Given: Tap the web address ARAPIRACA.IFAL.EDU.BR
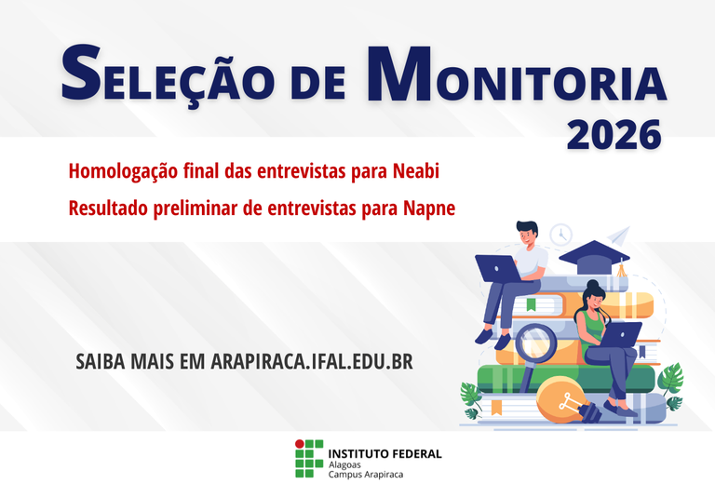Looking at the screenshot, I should [312, 360].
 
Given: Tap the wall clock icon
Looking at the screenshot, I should [560, 234].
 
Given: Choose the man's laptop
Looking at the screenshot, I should [498, 269].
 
